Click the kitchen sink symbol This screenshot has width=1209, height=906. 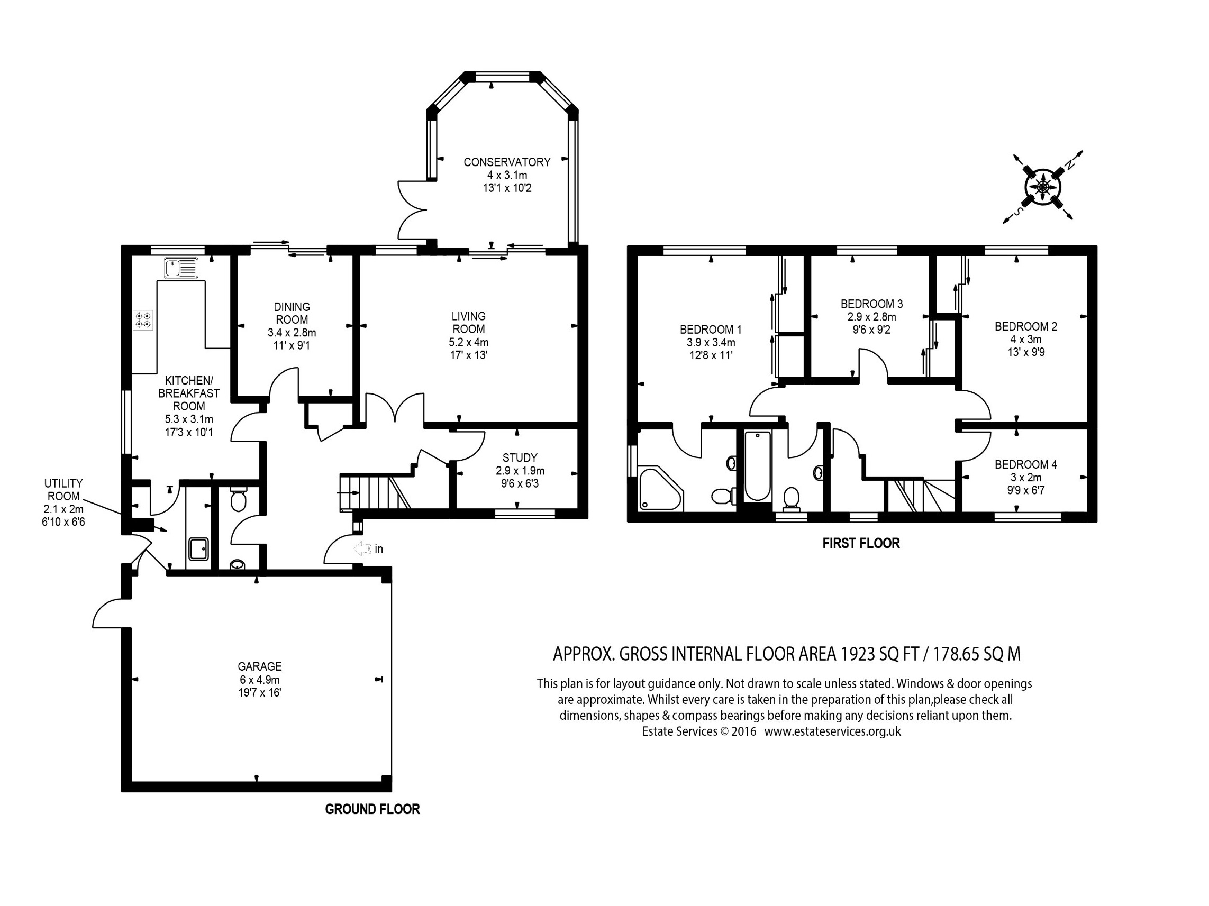tap(181, 268)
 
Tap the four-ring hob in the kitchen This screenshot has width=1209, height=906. tap(143, 320)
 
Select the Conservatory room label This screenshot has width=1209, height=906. tap(507, 162)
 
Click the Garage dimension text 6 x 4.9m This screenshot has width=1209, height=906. tap(259, 680)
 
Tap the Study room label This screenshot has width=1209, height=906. tap(520, 457)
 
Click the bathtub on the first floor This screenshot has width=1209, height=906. tap(758, 465)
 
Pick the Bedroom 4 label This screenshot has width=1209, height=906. tap(1025, 464)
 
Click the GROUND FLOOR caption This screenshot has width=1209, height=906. tap(372, 809)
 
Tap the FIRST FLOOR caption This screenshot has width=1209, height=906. tap(861, 543)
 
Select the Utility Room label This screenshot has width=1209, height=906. tap(64, 490)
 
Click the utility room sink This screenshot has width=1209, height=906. tap(198, 549)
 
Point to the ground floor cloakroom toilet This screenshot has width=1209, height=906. tap(238, 500)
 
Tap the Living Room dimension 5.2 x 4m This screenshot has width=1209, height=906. tap(468, 343)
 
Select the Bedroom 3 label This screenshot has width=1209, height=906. tap(871, 303)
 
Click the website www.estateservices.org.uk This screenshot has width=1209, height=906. tap(832, 731)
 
